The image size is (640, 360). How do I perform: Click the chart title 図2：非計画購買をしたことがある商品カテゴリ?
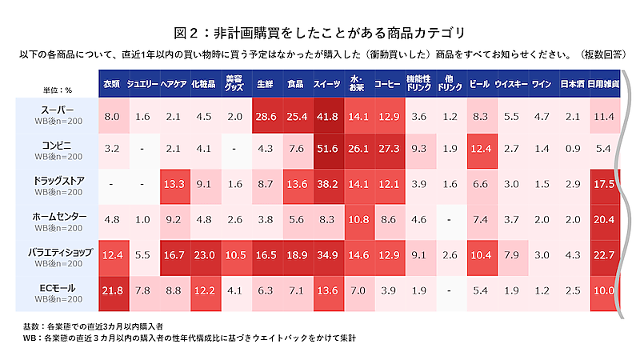point(319,33)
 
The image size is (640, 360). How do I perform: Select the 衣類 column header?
point(111,83)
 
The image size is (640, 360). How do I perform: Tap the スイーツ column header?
point(326,83)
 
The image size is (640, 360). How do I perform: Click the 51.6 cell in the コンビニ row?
point(326,149)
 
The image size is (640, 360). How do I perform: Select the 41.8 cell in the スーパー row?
point(326,116)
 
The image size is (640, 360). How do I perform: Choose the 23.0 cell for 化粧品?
point(204,254)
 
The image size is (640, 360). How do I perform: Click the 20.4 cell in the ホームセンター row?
point(602,219)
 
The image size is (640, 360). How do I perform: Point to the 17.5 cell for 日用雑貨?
point(602,184)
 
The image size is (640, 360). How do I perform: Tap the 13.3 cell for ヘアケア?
point(174,184)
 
